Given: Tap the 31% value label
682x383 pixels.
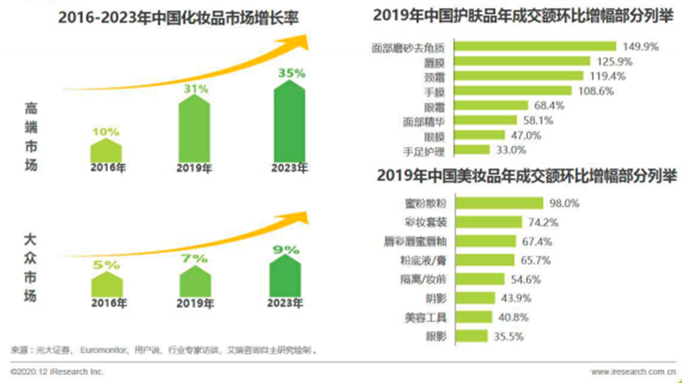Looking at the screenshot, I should click(x=195, y=89).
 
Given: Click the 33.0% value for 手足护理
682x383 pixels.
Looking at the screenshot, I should click(x=510, y=149).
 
